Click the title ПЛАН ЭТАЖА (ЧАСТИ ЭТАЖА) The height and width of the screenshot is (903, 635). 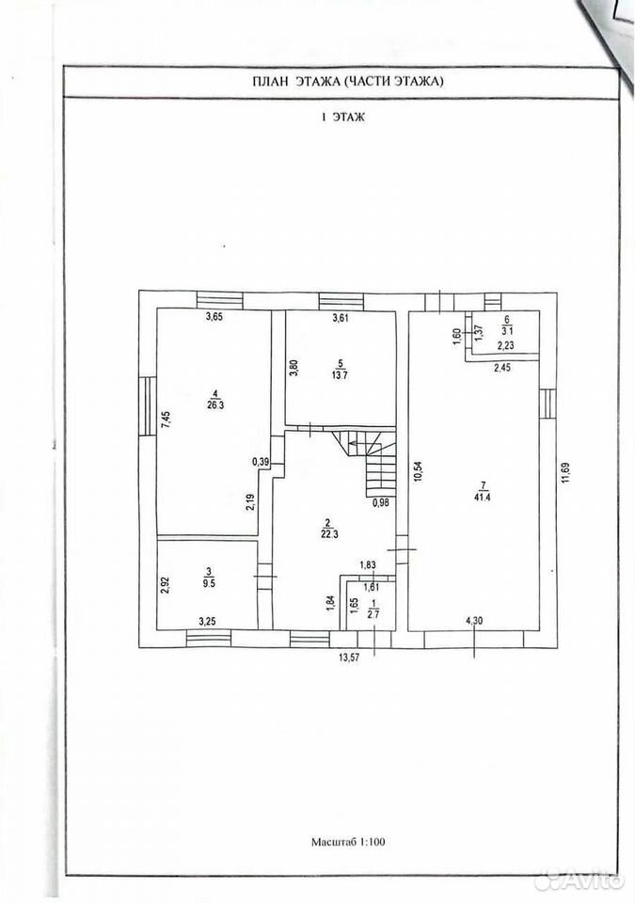(x=348, y=82)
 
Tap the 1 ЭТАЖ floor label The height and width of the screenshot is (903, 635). (x=343, y=117)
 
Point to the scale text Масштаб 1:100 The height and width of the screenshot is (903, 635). (x=348, y=841)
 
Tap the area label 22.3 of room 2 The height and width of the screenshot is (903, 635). (x=327, y=534)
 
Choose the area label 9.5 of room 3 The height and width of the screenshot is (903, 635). (x=209, y=580)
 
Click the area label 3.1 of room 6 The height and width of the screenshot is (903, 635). (x=507, y=331)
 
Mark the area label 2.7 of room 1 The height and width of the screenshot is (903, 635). (x=373, y=614)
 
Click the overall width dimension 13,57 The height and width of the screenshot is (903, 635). (x=347, y=657)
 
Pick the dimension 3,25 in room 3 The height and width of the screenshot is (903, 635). (x=208, y=621)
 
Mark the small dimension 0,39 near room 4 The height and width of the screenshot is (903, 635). (x=261, y=461)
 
